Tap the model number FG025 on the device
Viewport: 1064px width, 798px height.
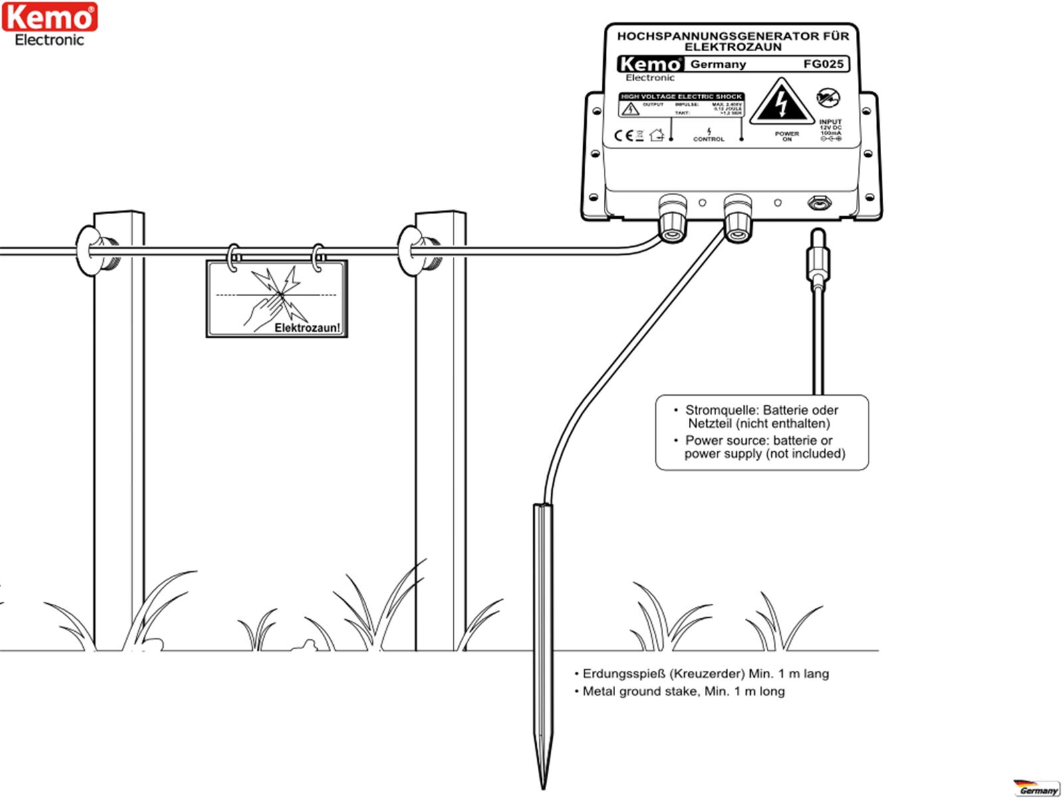pyautogui.click(x=823, y=64)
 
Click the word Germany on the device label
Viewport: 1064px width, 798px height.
pyautogui.click(x=718, y=65)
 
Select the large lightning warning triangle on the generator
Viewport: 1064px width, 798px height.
pyautogui.click(x=782, y=103)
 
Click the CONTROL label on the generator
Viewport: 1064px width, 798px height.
pyautogui.click(x=708, y=139)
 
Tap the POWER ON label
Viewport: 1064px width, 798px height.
pyautogui.click(x=787, y=136)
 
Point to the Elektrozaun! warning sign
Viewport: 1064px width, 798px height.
pyautogui.click(x=277, y=298)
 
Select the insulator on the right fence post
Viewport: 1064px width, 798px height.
pyautogui.click(x=414, y=251)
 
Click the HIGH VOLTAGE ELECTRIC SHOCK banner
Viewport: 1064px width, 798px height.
pyautogui.click(x=681, y=96)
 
